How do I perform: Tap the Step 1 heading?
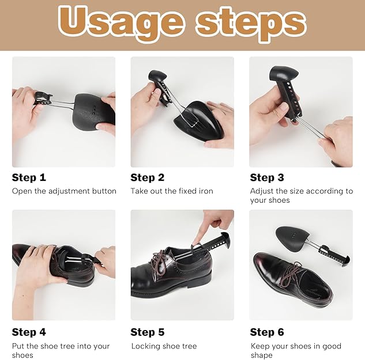pyautogui.click(x=29, y=177)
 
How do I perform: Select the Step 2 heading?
pyautogui.click(x=148, y=177)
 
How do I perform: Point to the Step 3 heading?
pyautogui.click(x=267, y=177)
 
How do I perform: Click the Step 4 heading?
pyautogui.click(x=29, y=332)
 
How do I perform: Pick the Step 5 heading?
pyautogui.click(x=148, y=332)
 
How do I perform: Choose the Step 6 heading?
pyautogui.click(x=267, y=332)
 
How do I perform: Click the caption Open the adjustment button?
pyautogui.click(x=64, y=191)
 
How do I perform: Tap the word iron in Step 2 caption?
pyautogui.click(x=206, y=191)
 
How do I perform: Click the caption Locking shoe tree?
pyautogui.click(x=164, y=346)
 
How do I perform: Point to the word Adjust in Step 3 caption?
pyautogui.click(x=262, y=192)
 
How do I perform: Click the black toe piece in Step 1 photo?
pyautogui.click(x=94, y=111)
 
